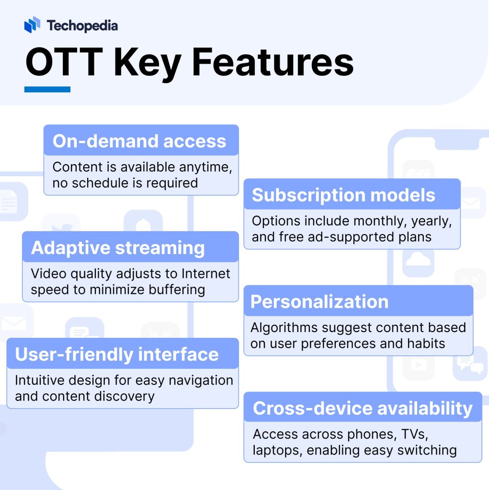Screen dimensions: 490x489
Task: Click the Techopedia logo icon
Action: [32, 24]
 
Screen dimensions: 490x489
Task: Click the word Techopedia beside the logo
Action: [82, 25]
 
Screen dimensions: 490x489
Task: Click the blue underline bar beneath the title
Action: [47, 89]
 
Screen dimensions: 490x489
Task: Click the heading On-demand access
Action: [139, 141]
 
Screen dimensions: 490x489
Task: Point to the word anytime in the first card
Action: [205, 167]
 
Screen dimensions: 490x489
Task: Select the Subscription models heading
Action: [343, 195]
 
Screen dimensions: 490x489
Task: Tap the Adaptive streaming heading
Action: [118, 248]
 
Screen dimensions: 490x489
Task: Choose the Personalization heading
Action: [319, 301]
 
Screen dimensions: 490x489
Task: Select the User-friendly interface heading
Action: [117, 355]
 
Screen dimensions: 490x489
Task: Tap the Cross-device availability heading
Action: [363, 409]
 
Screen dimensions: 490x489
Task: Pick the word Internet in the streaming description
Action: [205, 274]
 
